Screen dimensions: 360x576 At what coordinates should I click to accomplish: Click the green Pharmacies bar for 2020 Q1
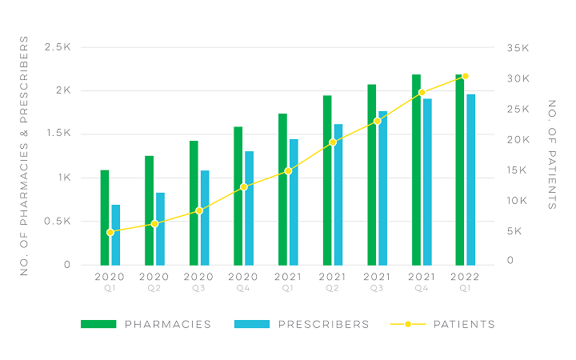click(x=105, y=218)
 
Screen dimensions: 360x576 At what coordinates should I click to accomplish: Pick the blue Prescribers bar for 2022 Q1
click(x=471, y=179)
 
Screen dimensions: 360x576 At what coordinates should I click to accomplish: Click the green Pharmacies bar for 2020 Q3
click(x=194, y=202)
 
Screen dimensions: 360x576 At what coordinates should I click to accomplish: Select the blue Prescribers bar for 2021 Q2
click(x=338, y=194)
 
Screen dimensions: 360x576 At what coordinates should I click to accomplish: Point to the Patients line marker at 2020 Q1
click(x=110, y=232)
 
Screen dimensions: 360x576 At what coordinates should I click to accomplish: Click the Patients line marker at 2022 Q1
click(x=465, y=77)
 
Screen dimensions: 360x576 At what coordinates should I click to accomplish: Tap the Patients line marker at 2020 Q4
click(x=244, y=187)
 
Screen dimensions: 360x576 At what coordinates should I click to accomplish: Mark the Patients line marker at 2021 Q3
click(x=377, y=122)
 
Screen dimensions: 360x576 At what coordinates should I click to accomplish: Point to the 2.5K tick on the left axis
click(x=58, y=48)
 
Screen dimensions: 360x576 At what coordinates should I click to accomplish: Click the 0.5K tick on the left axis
click(x=58, y=222)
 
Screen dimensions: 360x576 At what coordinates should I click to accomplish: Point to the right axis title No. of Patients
click(x=552, y=154)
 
